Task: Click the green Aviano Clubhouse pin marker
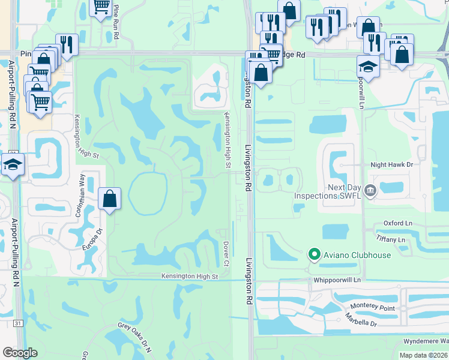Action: (313, 254)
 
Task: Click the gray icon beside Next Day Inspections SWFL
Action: (370, 191)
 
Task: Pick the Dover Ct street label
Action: (226, 253)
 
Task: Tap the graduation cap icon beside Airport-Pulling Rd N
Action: (13, 165)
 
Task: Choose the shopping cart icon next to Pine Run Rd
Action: (101, 7)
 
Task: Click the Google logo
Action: (20, 353)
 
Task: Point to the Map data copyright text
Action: (423, 355)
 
